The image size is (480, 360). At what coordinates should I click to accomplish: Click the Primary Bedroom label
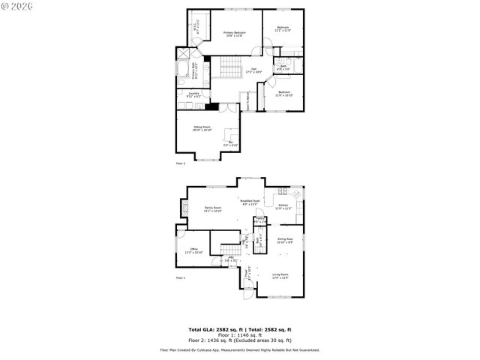(234, 34)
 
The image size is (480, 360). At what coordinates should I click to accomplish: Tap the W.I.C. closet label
(196, 29)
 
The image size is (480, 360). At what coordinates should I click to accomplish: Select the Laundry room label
(194, 94)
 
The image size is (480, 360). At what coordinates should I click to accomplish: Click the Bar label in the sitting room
(231, 144)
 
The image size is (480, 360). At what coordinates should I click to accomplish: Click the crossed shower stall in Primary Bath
(184, 54)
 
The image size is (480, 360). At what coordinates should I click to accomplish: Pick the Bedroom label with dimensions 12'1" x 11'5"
(283, 29)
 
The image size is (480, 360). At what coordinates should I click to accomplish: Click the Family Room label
(213, 209)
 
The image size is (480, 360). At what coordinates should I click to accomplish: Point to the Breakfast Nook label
(250, 202)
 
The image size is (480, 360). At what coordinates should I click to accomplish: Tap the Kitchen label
(283, 206)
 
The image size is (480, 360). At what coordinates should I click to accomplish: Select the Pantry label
(259, 220)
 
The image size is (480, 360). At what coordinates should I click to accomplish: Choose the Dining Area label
(284, 241)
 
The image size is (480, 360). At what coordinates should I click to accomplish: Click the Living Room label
(280, 276)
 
